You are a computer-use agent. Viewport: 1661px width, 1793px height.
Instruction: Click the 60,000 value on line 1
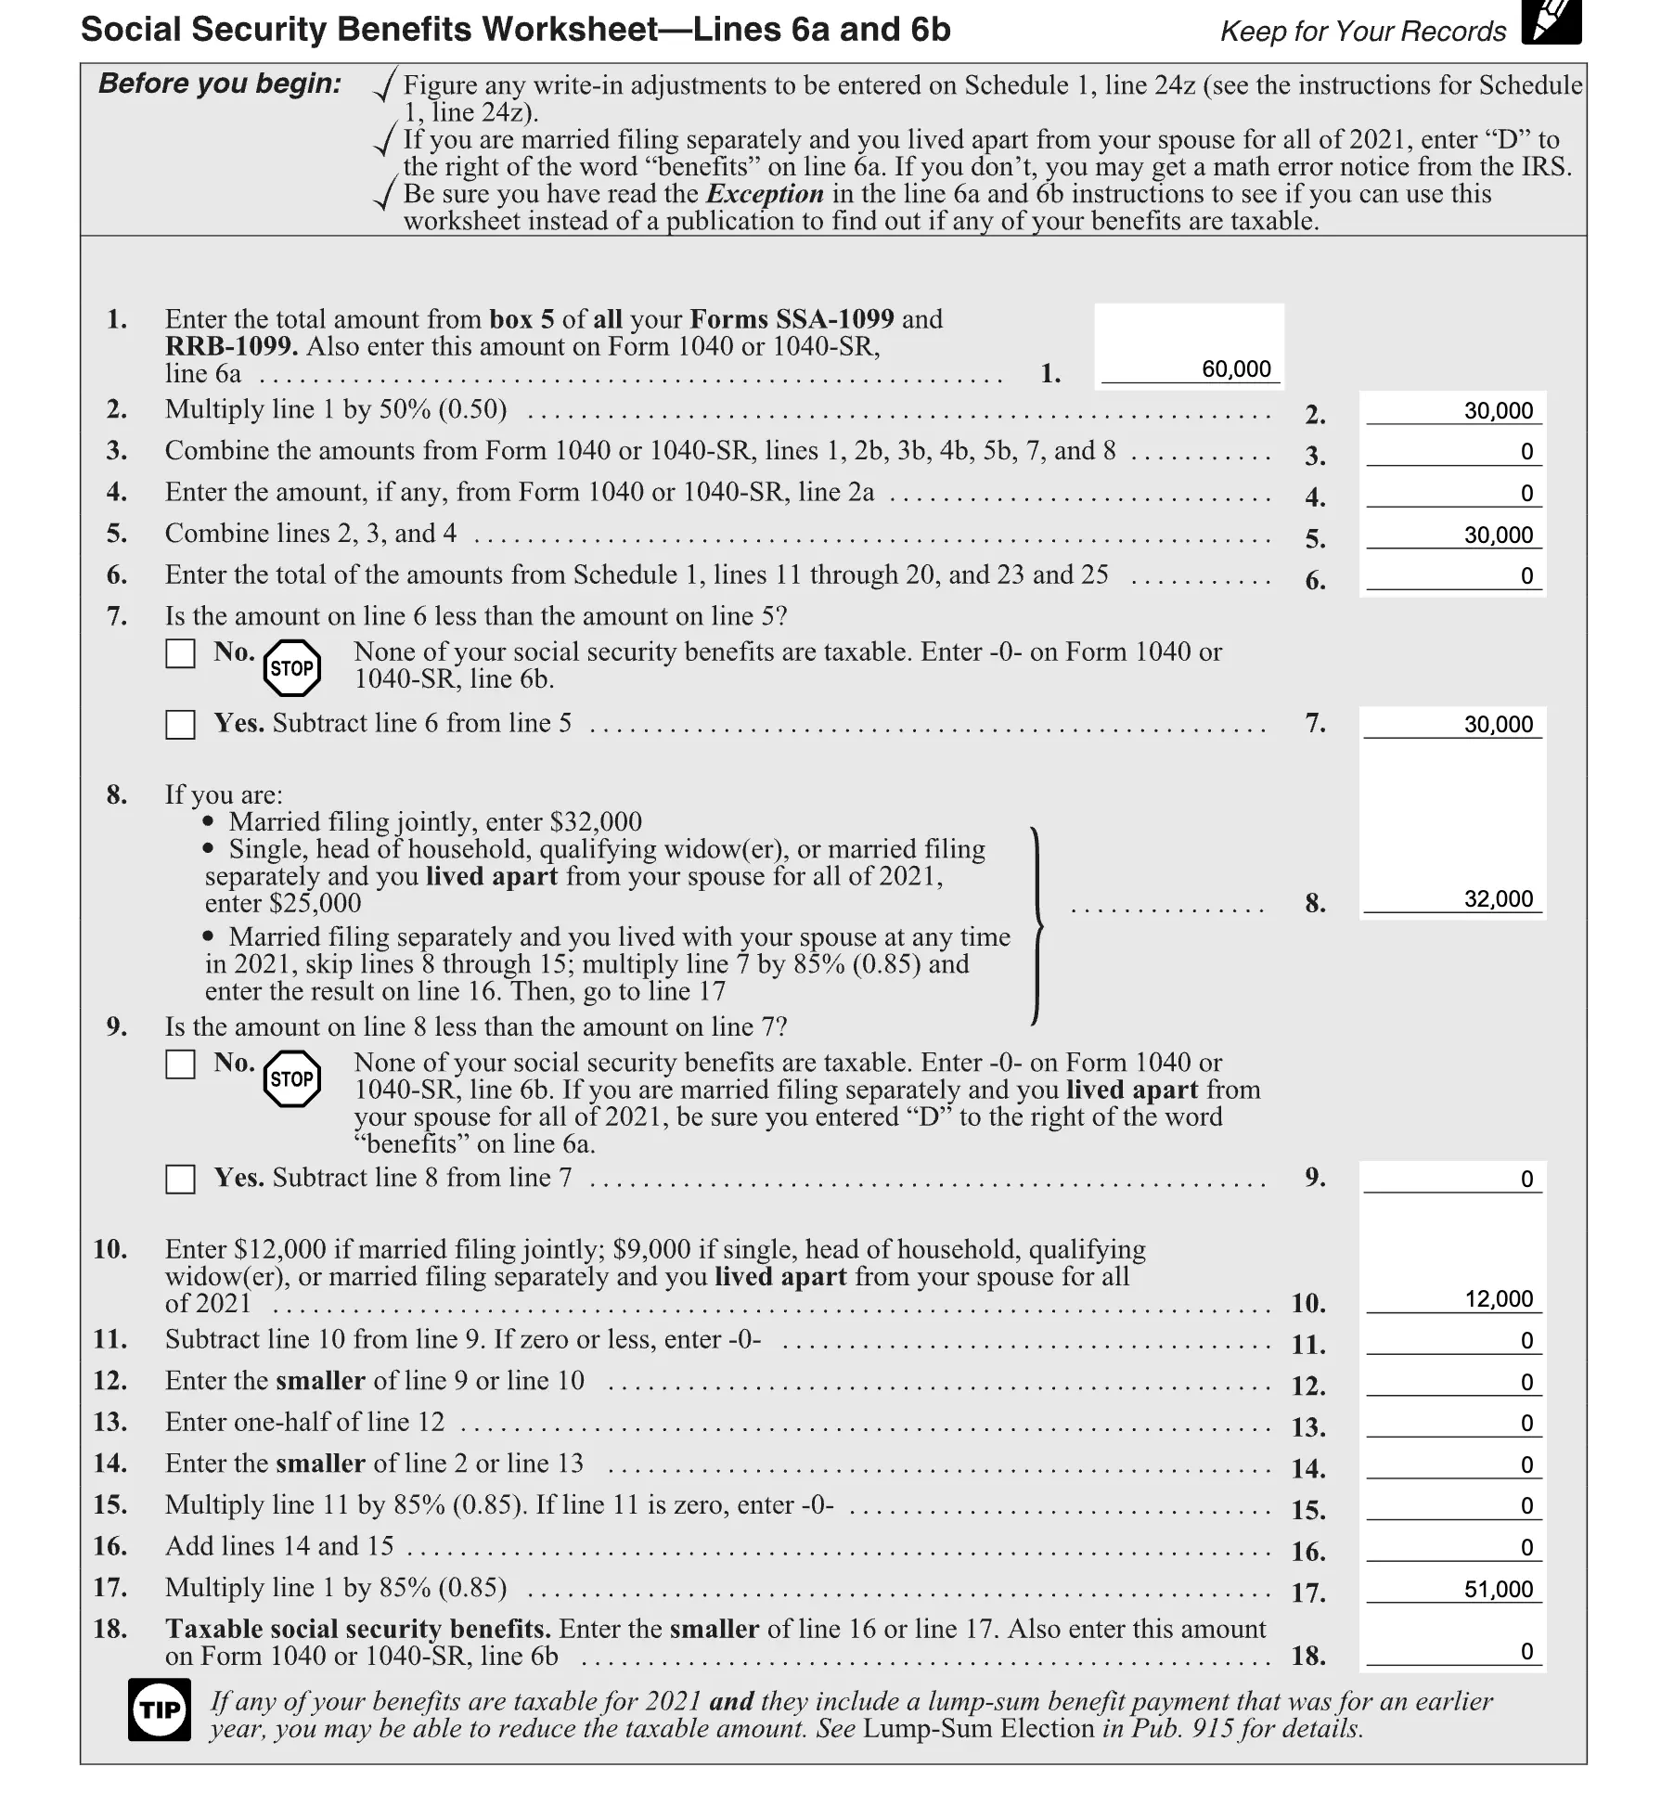tap(1235, 369)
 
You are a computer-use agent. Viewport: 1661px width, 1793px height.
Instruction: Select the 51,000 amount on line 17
tap(1498, 1589)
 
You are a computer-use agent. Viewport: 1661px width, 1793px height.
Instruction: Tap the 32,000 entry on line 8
tap(1498, 898)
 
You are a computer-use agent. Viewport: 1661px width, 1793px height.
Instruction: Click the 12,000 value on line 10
tap(1498, 1298)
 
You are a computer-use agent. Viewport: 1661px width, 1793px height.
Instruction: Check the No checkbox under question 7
tap(180, 653)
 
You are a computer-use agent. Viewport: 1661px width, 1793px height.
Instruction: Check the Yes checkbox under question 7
tap(180, 725)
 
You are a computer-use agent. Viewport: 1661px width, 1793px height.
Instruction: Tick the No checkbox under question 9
tap(180, 1064)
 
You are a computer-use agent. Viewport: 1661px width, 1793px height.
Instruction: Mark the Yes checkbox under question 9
tap(180, 1180)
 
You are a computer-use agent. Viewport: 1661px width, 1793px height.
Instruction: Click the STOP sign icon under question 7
tap(291, 668)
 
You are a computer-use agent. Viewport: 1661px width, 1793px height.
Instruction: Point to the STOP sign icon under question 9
tap(291, 1078)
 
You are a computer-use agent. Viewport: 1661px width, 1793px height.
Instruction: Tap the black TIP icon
tap(160, 1709)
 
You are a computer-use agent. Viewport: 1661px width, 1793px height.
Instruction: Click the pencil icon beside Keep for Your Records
tap(1551, 22)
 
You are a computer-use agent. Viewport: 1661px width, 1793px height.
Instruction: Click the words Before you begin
tap(220, 84)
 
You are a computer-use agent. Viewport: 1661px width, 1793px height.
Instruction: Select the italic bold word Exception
tap(765, 194)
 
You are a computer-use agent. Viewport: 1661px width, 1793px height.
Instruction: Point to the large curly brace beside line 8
tap(1037, 925)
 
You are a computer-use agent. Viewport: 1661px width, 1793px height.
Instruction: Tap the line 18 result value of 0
tap(1526, 1651)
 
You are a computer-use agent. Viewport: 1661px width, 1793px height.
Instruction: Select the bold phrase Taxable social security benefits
tap(358, 1629)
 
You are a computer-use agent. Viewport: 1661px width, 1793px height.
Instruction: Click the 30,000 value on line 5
tap(1498, 535)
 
